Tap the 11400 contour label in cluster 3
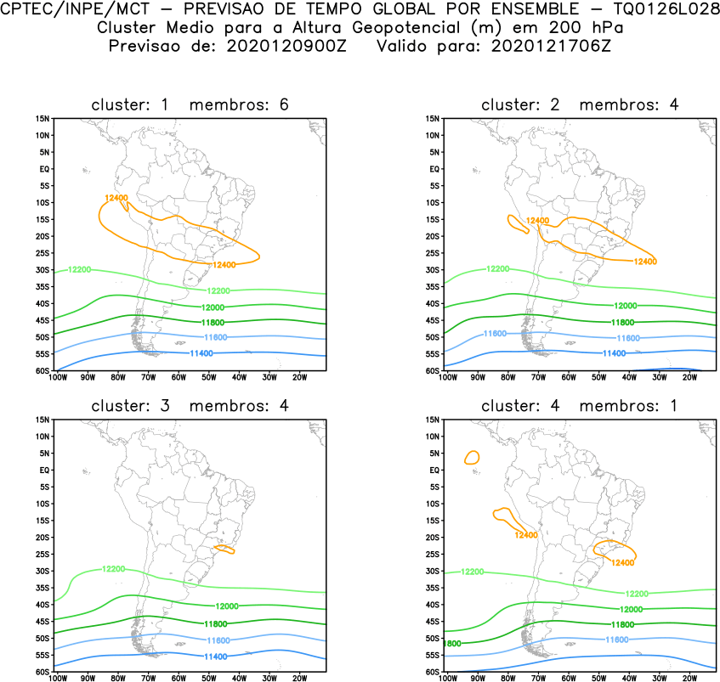(x=214, y=657)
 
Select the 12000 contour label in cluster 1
(x=213, y=307)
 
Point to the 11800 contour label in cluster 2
(x=623, y=322)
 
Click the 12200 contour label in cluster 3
(x=113, y=569)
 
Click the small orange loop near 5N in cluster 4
(x=472, y=457)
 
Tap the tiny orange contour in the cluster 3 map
(x=224, y=550)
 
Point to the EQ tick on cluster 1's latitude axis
(x=44, y=169)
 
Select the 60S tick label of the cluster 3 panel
(x=43, y=672)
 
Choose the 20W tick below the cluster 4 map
(x=689, y=678)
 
